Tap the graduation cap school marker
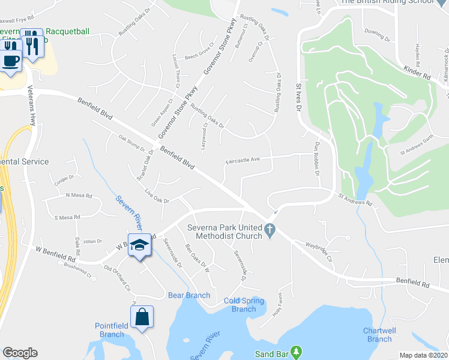tap(139, 245)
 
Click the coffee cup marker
tap(10, 60)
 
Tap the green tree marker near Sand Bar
tap(295, 350)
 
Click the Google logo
tap(20, 353)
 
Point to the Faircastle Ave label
tap(242, 160)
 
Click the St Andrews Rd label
tap(355, 199)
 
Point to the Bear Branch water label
tap(189, 295)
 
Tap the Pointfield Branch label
tap(109, 330)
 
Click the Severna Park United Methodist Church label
tap(225, 232)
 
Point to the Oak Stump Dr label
tap(132, 143)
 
